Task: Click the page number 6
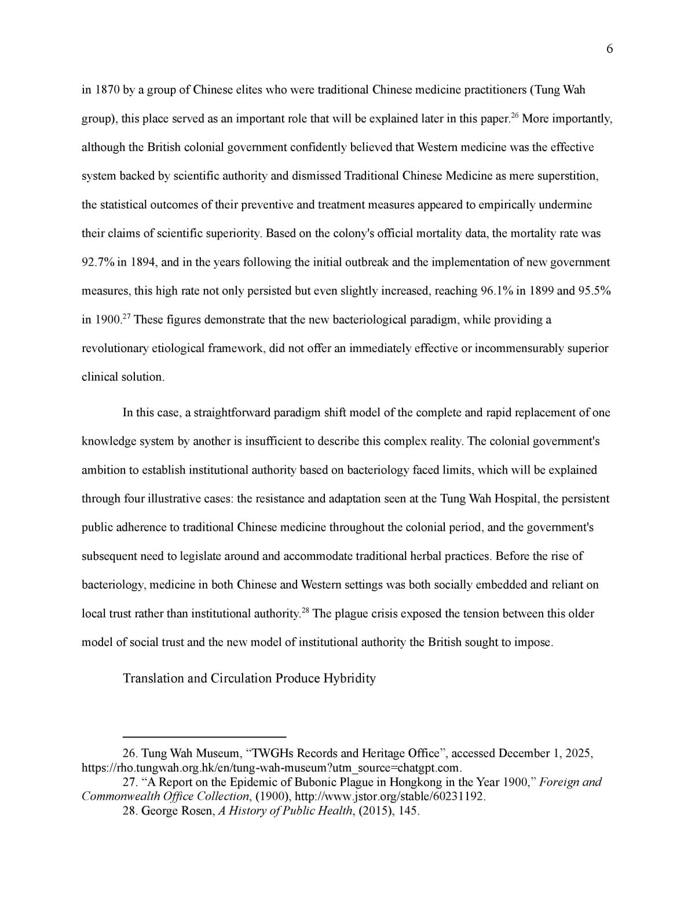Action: tap(609, 50)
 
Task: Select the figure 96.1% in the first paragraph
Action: tap(496, 291)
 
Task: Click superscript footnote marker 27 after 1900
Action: tap(127, 316)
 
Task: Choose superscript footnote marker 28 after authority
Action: tap(306, 610)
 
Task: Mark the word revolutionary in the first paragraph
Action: tap(115, 348)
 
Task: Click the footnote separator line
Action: tap(204, 736)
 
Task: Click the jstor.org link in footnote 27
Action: tap(390, 797)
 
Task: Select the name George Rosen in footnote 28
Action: tap(178, 811)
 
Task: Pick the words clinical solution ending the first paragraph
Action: tap(123, 377)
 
